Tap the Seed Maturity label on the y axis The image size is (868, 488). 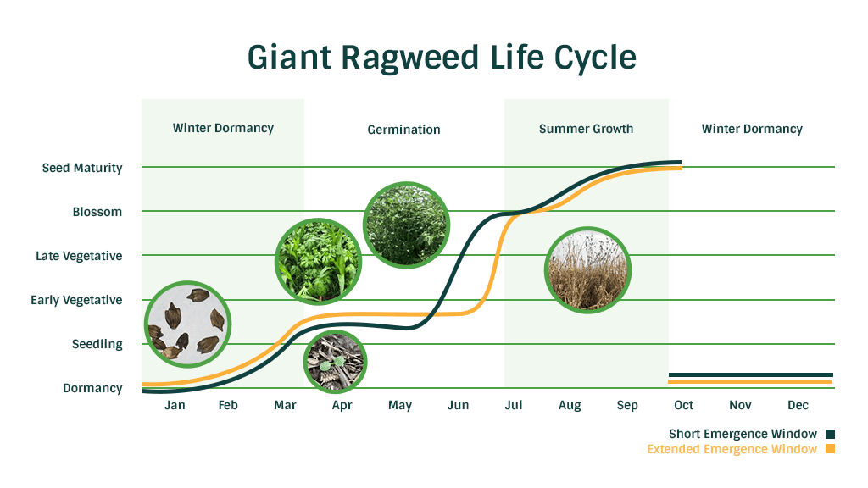pyautogui.click(x=82, y=169)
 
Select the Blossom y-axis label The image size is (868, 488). pyautogui.click(x=97, y=212)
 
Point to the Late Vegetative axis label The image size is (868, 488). pyautogui.click(x=79, y=256)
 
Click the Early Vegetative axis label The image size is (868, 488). pyautogui.click(x=76, y=301)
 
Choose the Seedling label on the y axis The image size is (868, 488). pyautogui.click(x=97, y=344)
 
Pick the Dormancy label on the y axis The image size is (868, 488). pyautogui.click(x=92, y=388)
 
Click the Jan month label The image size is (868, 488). pyautogui.click(x=175, y=405)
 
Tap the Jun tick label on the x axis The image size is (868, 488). pyautogui.click(x=459, y=405)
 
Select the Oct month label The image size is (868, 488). pyautogui.click(x=684, y=405)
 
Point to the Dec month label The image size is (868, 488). pyautogui.click(x=798, y=405)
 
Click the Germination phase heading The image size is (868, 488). pyautogui.click(x=404, y=130)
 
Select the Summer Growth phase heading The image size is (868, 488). pyautogui.click(x=587, y=129)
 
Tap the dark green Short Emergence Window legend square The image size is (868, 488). pyautogui.click(x=831, y=435)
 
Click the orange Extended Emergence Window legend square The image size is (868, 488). pyautogui.click(x=831, y=449)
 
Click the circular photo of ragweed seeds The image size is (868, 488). pyautogui.click(x=188, y=324)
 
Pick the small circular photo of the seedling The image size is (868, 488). pyautogui.click(x=336, y=362)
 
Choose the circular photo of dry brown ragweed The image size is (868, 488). pyautogui.click(x=588, y=270)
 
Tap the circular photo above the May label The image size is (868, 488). pyautogui.click(x=406, y=225)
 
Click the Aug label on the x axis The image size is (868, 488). pyautogui.click(x=570, y=406)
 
